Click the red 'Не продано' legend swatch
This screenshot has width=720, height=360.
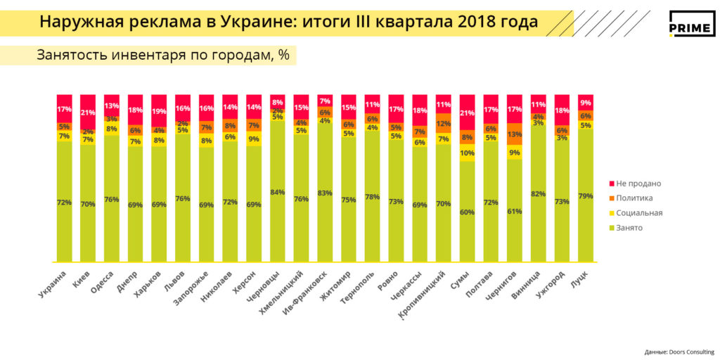611,184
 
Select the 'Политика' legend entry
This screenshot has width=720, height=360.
636,198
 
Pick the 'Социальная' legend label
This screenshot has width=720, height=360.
640,212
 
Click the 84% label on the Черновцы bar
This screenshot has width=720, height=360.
277,192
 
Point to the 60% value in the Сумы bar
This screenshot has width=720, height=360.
467,212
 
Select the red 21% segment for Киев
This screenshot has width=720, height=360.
88,111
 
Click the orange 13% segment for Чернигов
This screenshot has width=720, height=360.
514,134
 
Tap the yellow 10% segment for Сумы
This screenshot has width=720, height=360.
467,153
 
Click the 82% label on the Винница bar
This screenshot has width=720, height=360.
538,193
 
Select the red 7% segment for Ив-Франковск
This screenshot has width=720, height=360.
325,101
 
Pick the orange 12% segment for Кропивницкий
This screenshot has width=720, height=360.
443,124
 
